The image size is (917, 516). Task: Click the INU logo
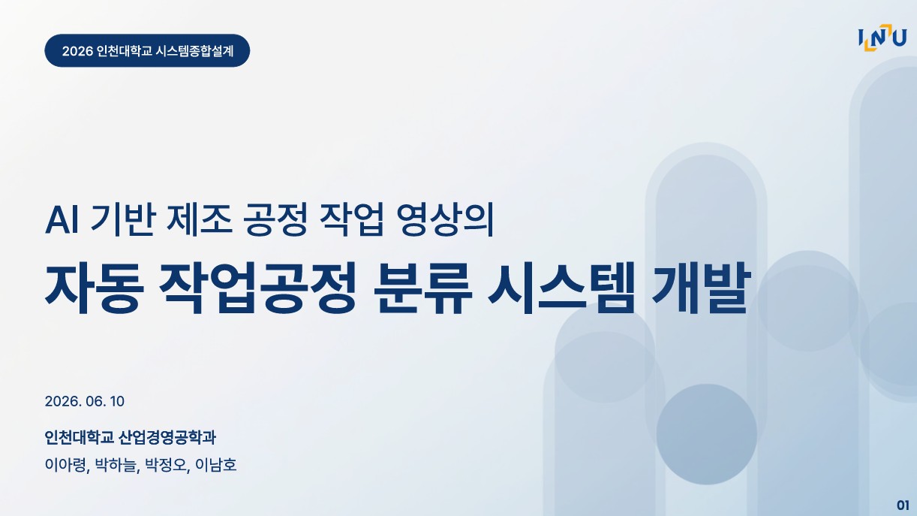click(882, 38)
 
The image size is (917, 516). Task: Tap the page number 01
click(903, 505)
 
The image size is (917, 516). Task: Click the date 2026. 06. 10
click(84, 401)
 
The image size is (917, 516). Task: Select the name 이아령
click(65, 465)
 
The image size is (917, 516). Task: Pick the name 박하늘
click(116, 465)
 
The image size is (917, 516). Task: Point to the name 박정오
click(167, 465)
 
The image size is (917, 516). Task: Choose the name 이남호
click(216, 465)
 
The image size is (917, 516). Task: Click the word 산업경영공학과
click(167, 437)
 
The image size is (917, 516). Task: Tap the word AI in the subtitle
click(62, 221)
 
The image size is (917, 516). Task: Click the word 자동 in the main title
click(95, 288)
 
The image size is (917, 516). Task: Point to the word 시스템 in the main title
click(561, 288)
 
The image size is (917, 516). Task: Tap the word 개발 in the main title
click(701, 288)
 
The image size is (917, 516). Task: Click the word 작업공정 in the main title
click(257, 288)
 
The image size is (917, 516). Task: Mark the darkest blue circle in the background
click(707, 434)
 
